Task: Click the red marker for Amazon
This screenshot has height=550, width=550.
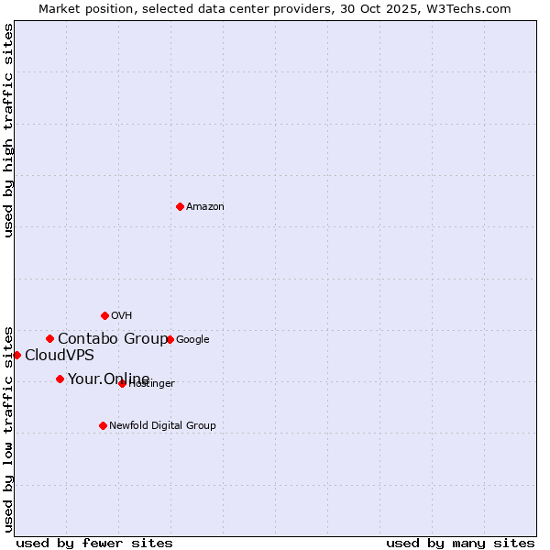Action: (x=180, y=206)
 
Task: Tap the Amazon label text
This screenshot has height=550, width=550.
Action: (x=205, y=207)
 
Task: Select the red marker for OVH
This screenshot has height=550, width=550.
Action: (x=104, y=315)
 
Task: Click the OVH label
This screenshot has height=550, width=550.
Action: (x=122, y=316)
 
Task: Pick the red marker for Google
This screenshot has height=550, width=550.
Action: (x=170, y=339)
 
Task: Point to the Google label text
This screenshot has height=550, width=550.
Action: (x=192, y=340)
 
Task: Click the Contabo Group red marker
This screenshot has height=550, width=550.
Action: (x=49, y=338)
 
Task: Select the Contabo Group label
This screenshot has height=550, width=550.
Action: (x=112, y=339)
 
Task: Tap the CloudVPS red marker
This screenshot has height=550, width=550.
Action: (x=16, y=355)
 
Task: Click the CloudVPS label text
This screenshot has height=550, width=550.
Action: (x=59, y=356)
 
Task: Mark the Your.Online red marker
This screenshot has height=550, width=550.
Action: (x=60, y=379)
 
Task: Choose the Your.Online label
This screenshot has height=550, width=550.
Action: (x=108, y=379)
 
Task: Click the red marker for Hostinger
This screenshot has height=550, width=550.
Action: (x=122, y=383)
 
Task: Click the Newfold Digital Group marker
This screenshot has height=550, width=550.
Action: (x=103, y=425)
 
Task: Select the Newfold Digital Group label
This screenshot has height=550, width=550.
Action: (x=162, y=426)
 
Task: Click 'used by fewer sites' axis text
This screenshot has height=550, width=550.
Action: (x=94, y=543)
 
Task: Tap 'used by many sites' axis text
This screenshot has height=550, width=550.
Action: (x=460, y=543)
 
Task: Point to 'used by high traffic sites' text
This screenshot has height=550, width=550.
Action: (x=8, y=130)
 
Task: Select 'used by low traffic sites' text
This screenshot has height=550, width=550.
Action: (x=8, y=428)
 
